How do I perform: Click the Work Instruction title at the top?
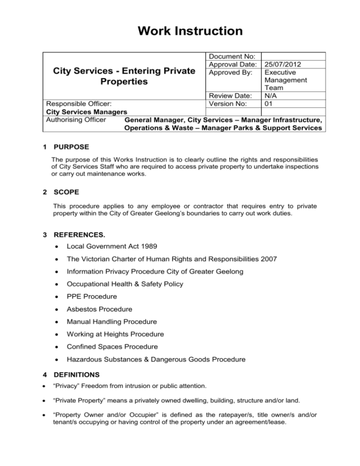(180, 31)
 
